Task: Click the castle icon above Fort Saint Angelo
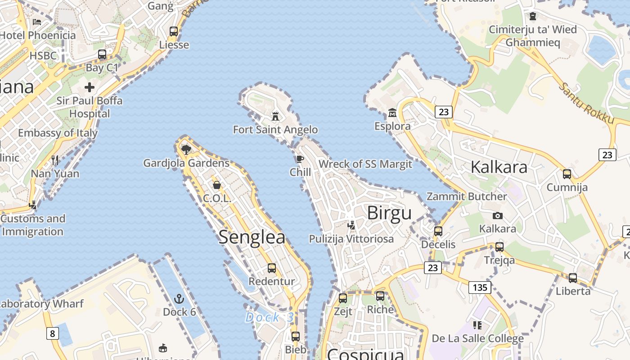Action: point(275,117)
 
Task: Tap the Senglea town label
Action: point(252,237)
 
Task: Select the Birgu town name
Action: point(389,213)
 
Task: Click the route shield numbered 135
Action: point(480,287)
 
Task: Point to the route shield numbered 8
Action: point(53,333)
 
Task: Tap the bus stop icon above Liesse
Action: point(174,31)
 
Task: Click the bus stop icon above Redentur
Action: point(272,268)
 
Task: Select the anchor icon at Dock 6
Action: point(179,299)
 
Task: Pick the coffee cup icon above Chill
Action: point(300,159)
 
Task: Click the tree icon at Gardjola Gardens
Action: point(186,149)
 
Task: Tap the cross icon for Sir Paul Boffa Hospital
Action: point(90,87)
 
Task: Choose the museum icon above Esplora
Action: point(392,112)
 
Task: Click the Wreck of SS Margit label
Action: point(365,164)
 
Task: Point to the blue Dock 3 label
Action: point(270,317)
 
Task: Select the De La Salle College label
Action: point(477,338)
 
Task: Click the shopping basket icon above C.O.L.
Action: point(217,185)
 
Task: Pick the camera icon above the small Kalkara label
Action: point(498,216)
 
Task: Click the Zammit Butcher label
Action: point(467,196)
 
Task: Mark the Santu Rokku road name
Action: point(586,103)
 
